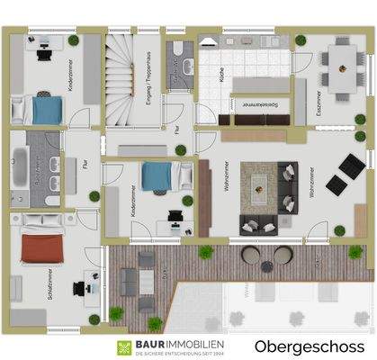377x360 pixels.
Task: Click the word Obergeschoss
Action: click(309, 346)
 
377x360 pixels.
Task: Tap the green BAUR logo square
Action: click(121, 347)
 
